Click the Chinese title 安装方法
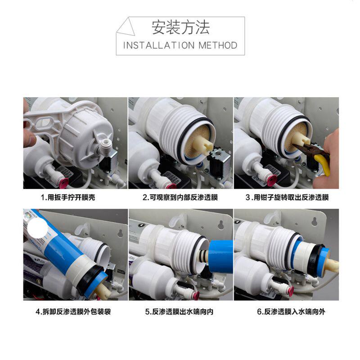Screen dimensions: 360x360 tap(180, 27)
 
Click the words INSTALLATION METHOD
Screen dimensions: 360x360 tap(180, 45)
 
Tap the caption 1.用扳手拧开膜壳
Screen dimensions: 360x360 tap(68, 197)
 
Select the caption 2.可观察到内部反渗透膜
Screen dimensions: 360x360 tap(180, 197)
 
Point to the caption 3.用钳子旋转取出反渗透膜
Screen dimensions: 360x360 tap(287, 197)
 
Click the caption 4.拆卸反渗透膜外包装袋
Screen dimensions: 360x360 tap(73, 311)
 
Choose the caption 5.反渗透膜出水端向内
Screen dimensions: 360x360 tap(179, 311)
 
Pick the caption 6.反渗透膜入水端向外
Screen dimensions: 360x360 tap(291, 311)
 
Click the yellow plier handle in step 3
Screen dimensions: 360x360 tap(323, 164)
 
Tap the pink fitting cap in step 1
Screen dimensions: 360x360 tap(63, 184)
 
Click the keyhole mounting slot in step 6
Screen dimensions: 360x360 tap(315, 221)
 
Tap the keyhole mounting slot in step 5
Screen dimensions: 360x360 tap(220, 225)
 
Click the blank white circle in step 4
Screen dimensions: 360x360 tap(37, 228)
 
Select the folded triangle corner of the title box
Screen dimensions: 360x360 tap(126, 27)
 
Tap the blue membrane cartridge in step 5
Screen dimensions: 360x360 tap(221, 256)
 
